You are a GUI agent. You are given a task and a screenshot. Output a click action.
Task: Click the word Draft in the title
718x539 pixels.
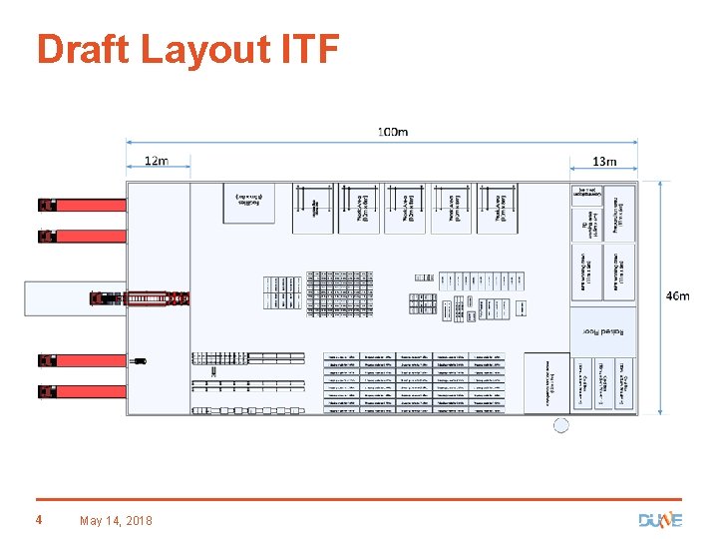tap(82, 49)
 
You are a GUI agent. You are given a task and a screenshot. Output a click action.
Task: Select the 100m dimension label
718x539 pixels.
tap(392, 132)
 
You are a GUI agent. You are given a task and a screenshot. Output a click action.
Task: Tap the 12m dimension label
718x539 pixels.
tap(157, 162)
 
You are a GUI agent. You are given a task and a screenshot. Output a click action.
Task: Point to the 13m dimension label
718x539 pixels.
tap(604, 162)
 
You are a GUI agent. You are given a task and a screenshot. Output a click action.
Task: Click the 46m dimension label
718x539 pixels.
tap(677, 296)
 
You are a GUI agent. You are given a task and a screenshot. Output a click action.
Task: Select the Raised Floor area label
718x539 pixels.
tap(602, 330)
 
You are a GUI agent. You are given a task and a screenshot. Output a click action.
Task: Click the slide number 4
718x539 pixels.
tap(38, 520)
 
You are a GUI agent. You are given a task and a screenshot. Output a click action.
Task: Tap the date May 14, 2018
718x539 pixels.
tap(116, 520)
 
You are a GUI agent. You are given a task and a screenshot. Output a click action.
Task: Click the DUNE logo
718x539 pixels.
tap(660, 520)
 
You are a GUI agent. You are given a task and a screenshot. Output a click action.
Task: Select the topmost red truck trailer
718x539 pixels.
tap(84, 205)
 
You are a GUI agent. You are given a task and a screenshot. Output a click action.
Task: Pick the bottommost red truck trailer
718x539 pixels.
tap(84, 391)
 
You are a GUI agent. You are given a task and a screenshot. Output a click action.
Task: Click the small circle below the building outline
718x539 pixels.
tap(561, 426)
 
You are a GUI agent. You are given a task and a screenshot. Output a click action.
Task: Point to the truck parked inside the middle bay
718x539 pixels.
tap(140, 297)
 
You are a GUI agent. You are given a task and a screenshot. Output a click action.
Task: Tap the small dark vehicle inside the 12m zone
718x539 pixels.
tap(140, 359)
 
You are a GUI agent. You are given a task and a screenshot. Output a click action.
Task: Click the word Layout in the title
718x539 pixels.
tap(195, 49)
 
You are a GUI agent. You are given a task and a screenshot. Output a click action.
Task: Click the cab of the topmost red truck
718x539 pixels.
tap(45, 205)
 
